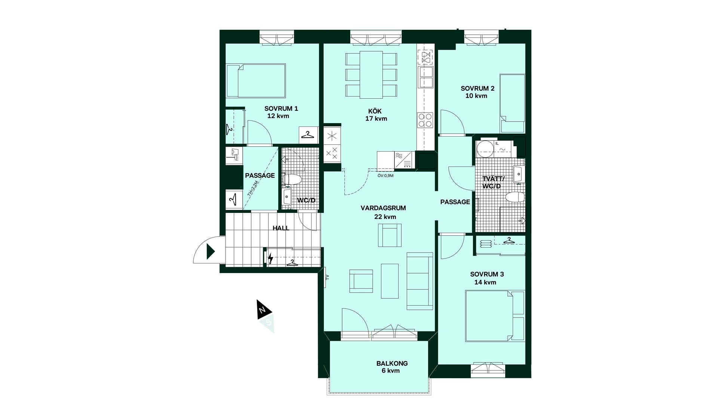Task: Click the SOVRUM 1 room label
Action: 281,108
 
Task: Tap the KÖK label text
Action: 375,111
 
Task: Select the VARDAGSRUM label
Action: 383,208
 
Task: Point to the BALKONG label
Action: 392,363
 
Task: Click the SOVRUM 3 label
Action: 487,274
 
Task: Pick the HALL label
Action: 281,228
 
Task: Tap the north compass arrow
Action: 263,309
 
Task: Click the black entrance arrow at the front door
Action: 211,251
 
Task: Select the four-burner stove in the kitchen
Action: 425,120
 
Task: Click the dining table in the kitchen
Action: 371,75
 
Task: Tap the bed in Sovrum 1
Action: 256,81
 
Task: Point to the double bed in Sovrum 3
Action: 495,316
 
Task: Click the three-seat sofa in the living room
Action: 420,281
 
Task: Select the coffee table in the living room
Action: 390,281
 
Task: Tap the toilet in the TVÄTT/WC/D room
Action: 515,197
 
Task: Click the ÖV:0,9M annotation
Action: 385,175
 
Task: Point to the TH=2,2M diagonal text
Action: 253,189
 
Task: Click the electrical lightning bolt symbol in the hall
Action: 270,258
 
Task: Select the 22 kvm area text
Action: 385,217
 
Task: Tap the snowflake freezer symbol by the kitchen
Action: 332,135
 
